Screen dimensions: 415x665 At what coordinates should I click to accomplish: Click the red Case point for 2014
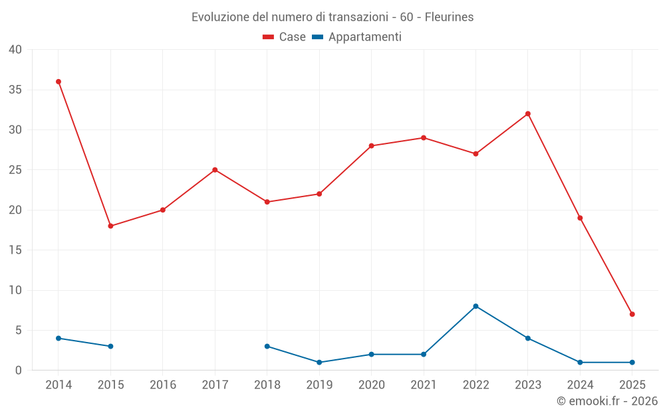[59, 82]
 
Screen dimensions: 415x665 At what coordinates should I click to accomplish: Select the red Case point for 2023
[528, 114]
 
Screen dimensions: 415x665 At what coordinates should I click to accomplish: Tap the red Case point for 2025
[632, 314]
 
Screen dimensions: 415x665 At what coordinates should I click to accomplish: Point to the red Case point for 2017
[215, 170]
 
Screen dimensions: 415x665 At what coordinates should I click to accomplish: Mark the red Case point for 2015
[110, 226]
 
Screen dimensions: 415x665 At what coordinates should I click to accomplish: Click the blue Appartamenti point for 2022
[475, 306]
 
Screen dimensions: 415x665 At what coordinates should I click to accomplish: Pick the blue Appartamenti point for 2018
[267, 346]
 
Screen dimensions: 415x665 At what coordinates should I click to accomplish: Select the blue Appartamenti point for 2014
[59, 338]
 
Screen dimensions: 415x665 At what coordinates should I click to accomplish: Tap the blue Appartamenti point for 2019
[319, 363]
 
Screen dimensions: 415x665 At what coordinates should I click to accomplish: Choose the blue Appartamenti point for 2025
[632, 363]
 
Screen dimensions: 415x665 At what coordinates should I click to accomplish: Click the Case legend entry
[285, 37]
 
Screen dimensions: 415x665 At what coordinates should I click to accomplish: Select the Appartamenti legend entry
[357, 37]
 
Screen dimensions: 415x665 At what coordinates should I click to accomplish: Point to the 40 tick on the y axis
[15, 50]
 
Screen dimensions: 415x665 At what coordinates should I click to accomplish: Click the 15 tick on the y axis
[15, 250]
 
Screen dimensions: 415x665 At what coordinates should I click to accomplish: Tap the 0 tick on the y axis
[19, 371]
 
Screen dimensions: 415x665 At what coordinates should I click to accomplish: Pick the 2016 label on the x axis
[163, 385]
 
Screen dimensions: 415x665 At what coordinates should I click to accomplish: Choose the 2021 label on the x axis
[424, 385]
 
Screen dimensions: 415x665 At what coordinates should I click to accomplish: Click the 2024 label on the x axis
[580, 385]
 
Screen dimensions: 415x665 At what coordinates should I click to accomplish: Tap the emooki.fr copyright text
[607, 401]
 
